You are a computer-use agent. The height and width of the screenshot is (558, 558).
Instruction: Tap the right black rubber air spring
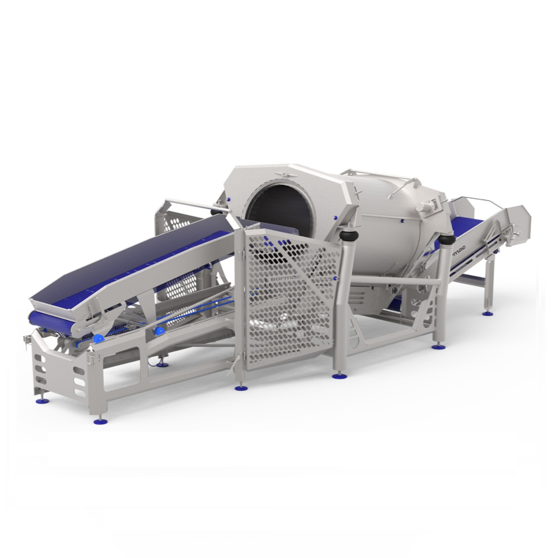(x=446, y=240)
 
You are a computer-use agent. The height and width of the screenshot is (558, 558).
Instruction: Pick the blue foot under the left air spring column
(x=337, y=376)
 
